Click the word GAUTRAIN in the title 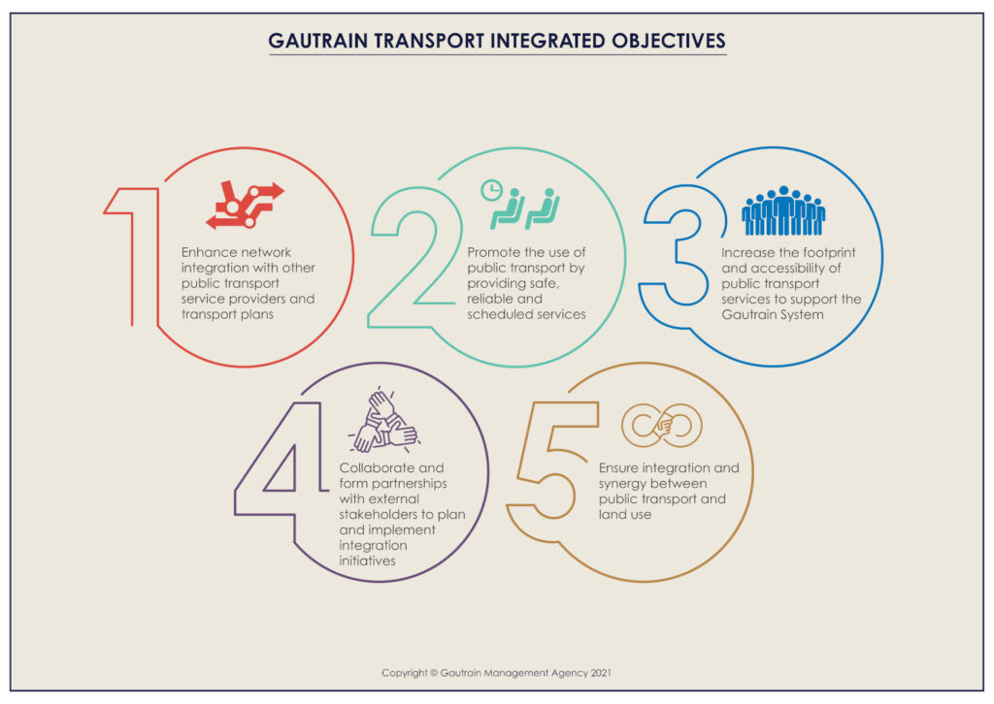(315, 42)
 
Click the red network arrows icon (245, 205)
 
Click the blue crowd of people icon (783, 211)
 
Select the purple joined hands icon (384, 421)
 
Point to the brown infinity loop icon (661, 425)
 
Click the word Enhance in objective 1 (209, 252)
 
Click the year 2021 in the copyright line (598, 672)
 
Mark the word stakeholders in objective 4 (381, 515)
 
